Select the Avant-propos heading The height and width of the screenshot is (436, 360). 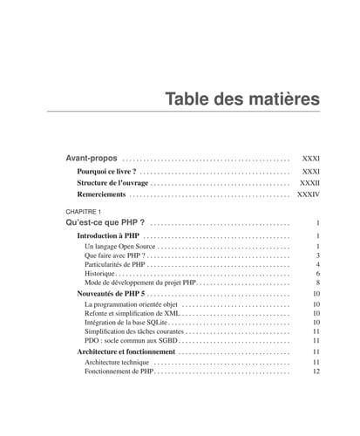tap(92, 159)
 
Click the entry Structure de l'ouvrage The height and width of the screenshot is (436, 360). tap(112, 184)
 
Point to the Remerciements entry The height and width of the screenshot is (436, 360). tap(105, 196)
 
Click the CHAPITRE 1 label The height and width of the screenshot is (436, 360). tap(85, 212)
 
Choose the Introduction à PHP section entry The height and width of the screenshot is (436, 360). tap(108, 236)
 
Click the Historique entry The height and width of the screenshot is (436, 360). tap(100, 274)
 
